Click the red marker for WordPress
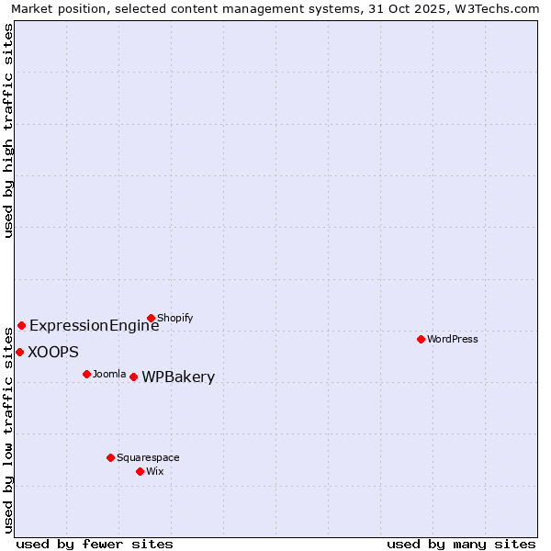click(x=421, y=339)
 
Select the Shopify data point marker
click(x=151, y=319)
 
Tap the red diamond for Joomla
click(x=86, y=374)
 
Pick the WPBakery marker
click(x=133, y=377)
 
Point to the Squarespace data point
click(x=110, y=457)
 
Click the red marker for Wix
click(x=140, y=471)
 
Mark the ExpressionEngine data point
click(x=21, y=325)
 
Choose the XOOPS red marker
click(x=19, y=352)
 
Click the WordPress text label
click(x=453, y=339)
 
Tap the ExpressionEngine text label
click(x=94, y=325)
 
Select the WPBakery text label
click(x=178, y=377)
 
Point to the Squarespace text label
click(x=148, y=457)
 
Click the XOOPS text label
click(x=53, y=352)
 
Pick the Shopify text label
click(x=174, y=319)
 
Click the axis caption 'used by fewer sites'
click(x=95, y=544)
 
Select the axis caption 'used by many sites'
click(x=461, y=544)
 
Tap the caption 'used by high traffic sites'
click(x=8, y=130)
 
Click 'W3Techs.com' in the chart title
click(x=500, y=8)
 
